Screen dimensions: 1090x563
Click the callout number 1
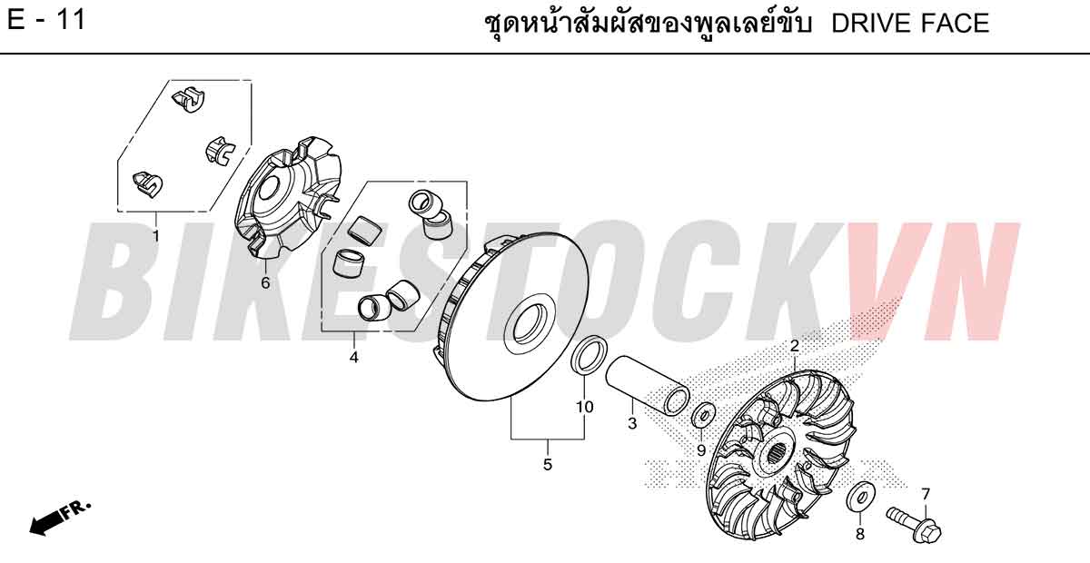pos(155,236)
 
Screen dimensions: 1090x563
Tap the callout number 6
pos(265,282)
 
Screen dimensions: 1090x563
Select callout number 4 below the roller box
pos(353,358)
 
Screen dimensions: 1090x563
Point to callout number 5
pos(548,465)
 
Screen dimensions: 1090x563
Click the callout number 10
pos(584,407)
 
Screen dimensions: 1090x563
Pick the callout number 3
pos(632,423)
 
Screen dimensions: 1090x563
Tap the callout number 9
pos(701,450)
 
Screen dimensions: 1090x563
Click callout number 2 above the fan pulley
pos(795,347)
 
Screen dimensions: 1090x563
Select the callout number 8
pos(860,534)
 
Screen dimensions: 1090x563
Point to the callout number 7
pos(925,494)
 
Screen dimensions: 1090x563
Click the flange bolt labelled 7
pos(914,525)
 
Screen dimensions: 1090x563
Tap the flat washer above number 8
pos(861,498)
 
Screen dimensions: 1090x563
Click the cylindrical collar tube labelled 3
pos(647,386)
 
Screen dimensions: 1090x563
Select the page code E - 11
pos(46,21)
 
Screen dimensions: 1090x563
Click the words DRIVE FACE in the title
pos(910,24)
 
